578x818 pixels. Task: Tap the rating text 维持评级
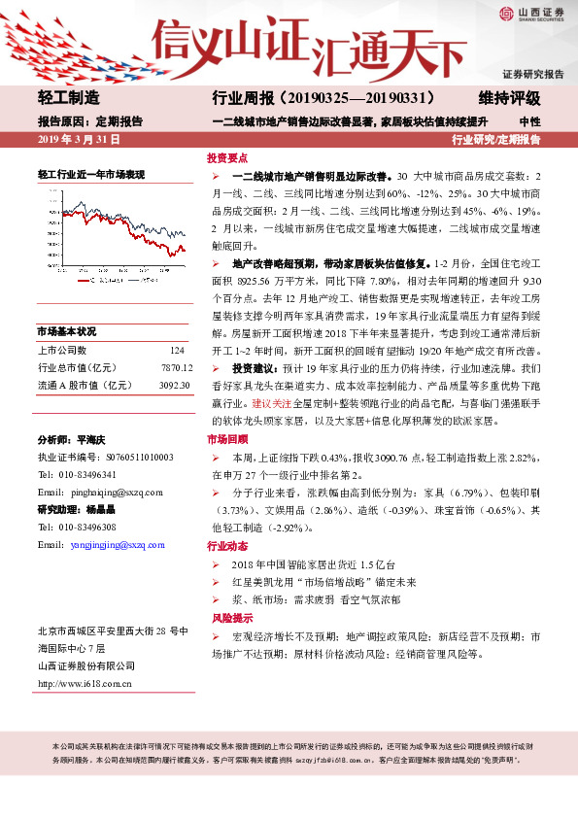coord(509,98)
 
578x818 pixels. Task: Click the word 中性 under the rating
coord(530,121)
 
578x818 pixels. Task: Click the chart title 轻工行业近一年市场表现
coord(91,174)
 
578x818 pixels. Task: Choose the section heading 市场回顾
coord(227,439)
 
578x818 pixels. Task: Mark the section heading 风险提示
coord(227,617)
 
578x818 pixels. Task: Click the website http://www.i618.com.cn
coord(85,683)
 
